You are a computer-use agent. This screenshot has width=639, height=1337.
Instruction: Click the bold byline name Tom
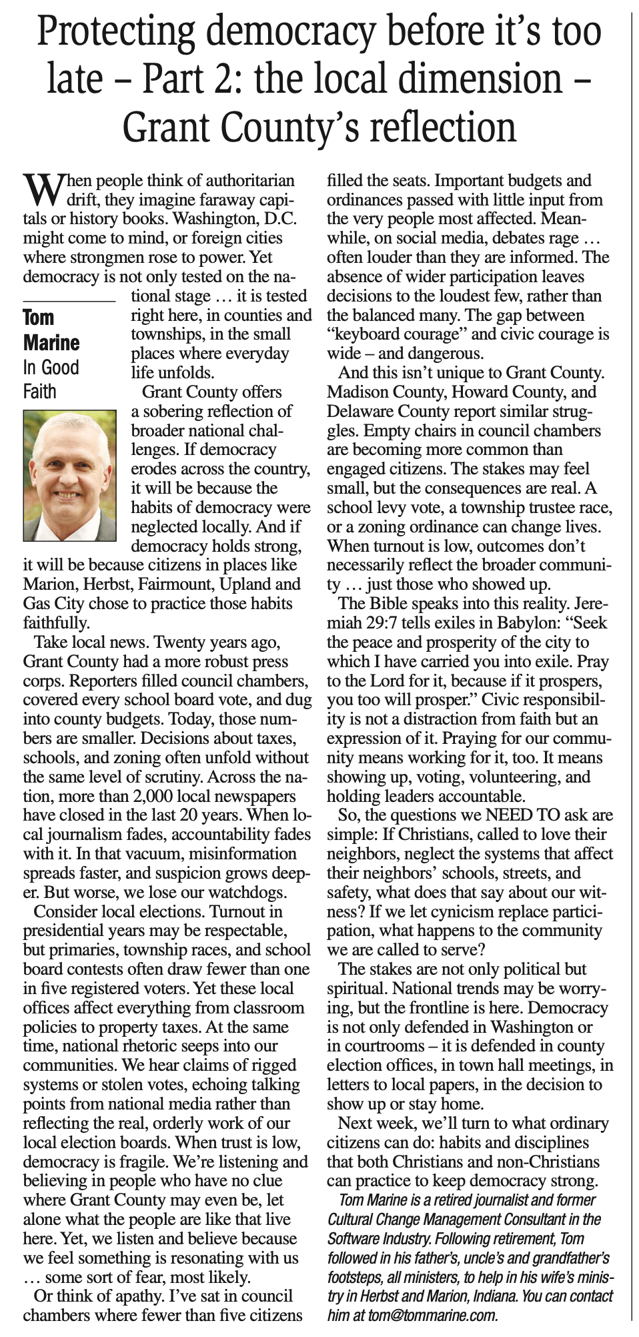click(x=39, y=318)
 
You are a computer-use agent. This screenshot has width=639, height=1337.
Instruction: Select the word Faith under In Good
click(x=40, y=391)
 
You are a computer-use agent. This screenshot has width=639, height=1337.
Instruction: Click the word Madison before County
click(x=358, y=392)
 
